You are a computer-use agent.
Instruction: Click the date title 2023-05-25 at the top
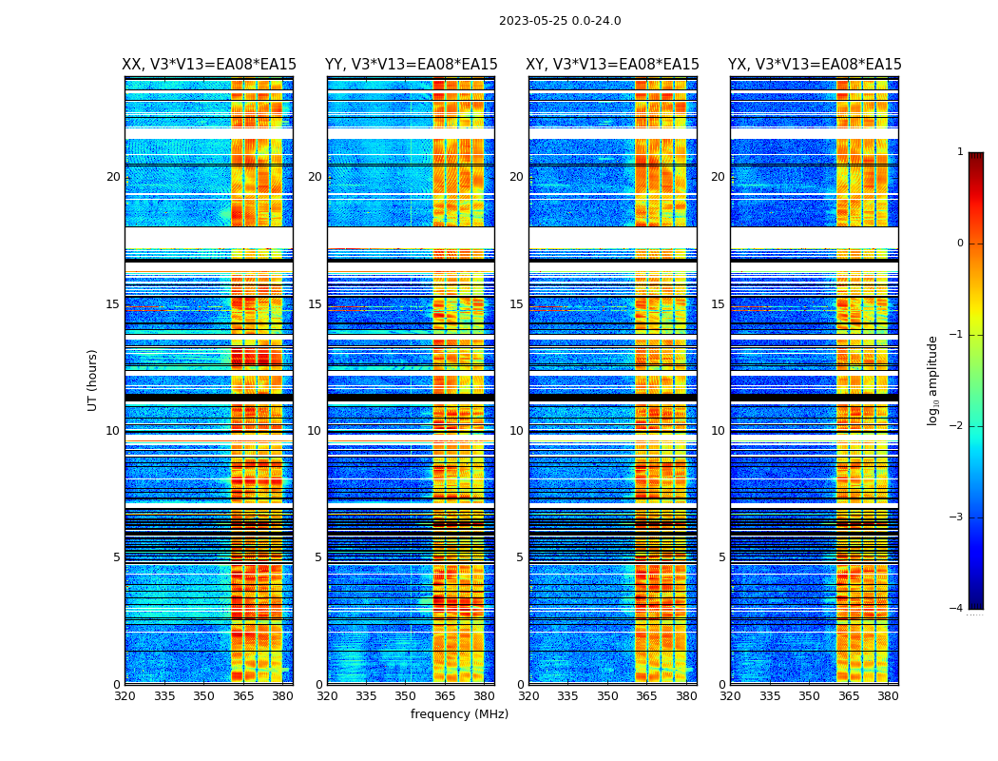pyautogui.click(x=560, y=21)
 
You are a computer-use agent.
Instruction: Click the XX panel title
pyautogui.click(x=209, y=65)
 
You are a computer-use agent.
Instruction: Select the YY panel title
pyautogui.click(x=411, y=65)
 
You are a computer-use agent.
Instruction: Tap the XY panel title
pyautogui.click(x=612, y=65)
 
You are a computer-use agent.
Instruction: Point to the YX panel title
pyautogui.click(x=815, y=65)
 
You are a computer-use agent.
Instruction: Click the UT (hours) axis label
pyautogui.click(x=93, y=380)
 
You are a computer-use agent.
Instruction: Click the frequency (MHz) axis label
pyautogui.click(x=459, y=714)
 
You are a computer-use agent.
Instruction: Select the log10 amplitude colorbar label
pyautogui.click(x=933, y=380)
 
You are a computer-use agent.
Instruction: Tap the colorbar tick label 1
pyautogui.click(x=960, y=152)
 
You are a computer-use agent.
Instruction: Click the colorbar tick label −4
pyautogui.click(x=957, y=609)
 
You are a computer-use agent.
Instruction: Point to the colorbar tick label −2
pyautogui.click(x=957, y=426)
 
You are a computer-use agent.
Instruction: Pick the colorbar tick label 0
pyautogui.click(x=960, y=244)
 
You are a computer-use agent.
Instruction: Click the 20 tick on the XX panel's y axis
pyautogui.click(x=113, y=177)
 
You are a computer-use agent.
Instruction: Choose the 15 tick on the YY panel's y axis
pyautogui.click(x=315, y=304)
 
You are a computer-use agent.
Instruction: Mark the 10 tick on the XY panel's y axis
pyautogui.click(x=516, y=431)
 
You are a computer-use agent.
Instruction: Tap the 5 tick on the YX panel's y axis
pyautogui.click(x=721, y=557)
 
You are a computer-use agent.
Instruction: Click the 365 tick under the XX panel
pyautogui.click(x=243, y=696)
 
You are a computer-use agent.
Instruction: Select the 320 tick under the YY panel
pyautogui.click(x=327, y=696)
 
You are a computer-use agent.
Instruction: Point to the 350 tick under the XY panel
pyautogui.click(x=607, y=696)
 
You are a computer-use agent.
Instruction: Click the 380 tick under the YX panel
pyautogui.click(x=888, y=696)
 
